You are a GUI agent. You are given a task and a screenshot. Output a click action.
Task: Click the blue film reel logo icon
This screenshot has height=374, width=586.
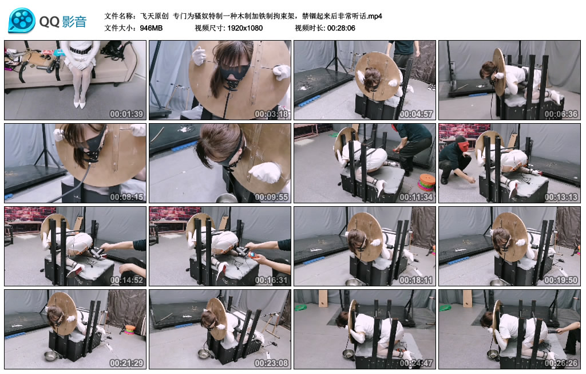coord(22,20)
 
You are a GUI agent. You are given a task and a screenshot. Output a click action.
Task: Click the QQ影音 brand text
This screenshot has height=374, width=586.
coord(63,22)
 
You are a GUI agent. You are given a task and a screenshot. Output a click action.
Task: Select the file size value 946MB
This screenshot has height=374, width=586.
coord(151,28)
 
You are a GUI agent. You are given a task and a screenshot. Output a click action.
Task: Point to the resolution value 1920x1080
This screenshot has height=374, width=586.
coord(245,28)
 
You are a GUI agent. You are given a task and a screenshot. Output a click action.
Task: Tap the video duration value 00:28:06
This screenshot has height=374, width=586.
coord(341,28)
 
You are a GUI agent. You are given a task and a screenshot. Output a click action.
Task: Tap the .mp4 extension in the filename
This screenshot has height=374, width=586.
coord(375,16)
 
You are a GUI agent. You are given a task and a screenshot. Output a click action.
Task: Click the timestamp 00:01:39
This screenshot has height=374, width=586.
coord(126,114)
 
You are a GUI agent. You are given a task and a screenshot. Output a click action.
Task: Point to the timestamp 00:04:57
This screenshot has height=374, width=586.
coord(417,114)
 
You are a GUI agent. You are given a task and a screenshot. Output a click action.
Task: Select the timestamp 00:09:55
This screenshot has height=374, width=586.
coord(272,196)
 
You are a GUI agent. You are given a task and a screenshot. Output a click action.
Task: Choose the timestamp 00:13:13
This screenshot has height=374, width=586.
coord(561,196)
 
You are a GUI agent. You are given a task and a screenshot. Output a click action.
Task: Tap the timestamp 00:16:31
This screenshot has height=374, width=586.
coord(272,279)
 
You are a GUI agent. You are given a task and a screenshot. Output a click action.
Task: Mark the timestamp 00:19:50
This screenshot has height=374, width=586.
coord(561,279)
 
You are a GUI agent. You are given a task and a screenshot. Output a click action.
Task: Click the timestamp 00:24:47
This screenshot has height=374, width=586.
coord(417,363)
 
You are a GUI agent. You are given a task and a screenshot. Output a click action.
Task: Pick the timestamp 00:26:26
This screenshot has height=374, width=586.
coord(561,363)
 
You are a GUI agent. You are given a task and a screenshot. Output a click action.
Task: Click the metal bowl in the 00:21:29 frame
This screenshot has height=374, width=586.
coord(51,355)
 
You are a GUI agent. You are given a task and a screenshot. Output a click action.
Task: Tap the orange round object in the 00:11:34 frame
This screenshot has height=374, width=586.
coord(426,182)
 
